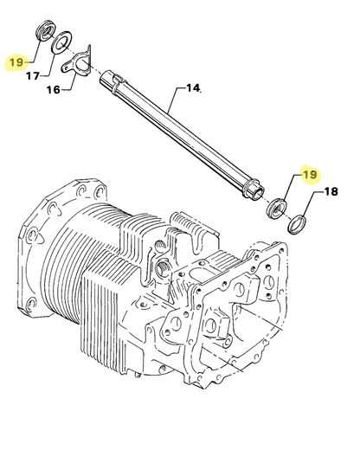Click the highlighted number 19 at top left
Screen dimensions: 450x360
coord(16,63)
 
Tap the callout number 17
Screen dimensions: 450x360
coord(32,76)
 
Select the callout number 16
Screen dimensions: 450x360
coord(55,90)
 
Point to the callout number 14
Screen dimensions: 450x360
coord(192,88)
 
